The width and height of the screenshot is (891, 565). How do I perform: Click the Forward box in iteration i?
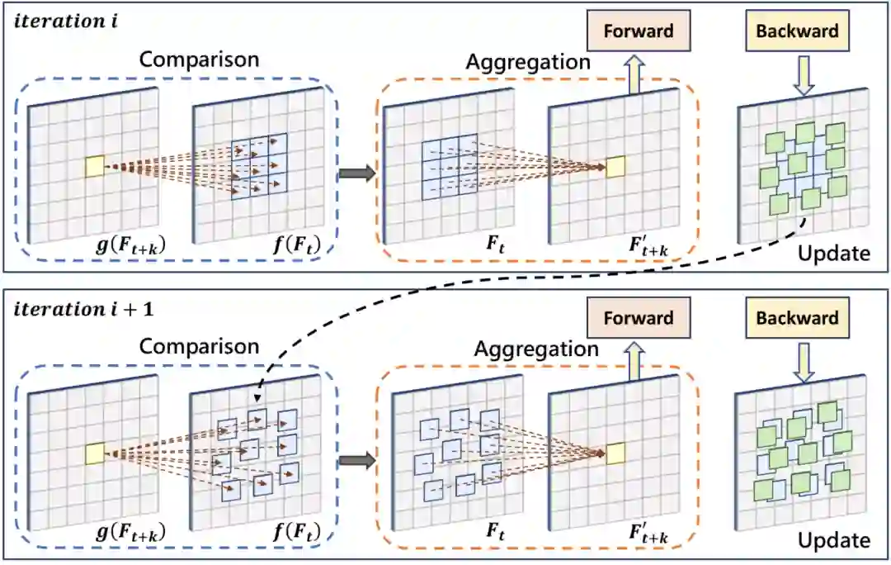(x=639, y=32)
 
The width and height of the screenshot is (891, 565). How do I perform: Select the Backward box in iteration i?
(x=797, y=32)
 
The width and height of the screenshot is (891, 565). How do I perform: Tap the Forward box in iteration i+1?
(x=639, y=318)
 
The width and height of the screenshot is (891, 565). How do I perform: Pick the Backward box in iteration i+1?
(x=797, y=318)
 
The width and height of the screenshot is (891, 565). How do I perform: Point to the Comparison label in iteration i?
(x=199, y=59)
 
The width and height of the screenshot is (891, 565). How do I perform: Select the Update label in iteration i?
(x=833, y=253)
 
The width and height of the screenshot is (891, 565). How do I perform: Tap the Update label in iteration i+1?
(x=833, y=540)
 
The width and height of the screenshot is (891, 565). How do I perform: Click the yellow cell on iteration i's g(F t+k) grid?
(x=95, y=166)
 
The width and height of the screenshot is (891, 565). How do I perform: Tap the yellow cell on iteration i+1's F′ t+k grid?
(x=615, y=453)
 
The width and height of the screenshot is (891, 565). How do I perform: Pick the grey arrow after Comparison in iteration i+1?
(x=356, y=460)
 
